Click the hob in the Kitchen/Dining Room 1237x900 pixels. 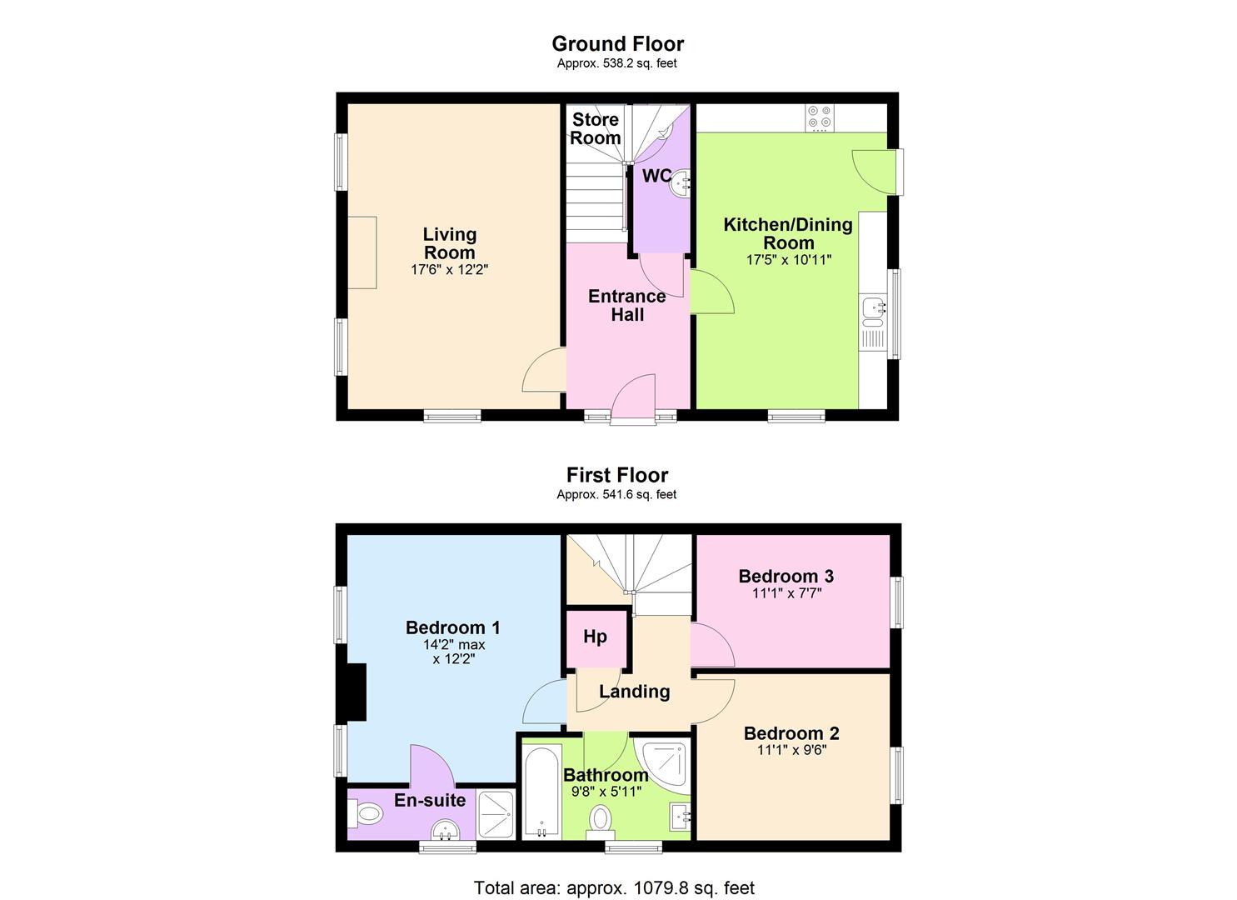click(x=820, y=118)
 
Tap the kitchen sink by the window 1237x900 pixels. click(x=872, y=309)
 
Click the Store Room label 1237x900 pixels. click(x=596, y=128)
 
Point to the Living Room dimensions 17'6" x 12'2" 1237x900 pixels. click(x=450, y=270)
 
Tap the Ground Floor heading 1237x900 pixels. click(x=617, y=43)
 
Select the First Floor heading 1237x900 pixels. click(x=617, y=475)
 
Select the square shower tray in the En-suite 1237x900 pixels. click(x=496, y=814)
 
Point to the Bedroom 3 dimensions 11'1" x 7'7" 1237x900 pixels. click(x=786, y=593)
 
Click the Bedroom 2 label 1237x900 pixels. click(x=791, y=733)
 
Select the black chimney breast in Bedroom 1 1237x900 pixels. click(x=356, y=692)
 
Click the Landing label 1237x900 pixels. click(x=635, y=691)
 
